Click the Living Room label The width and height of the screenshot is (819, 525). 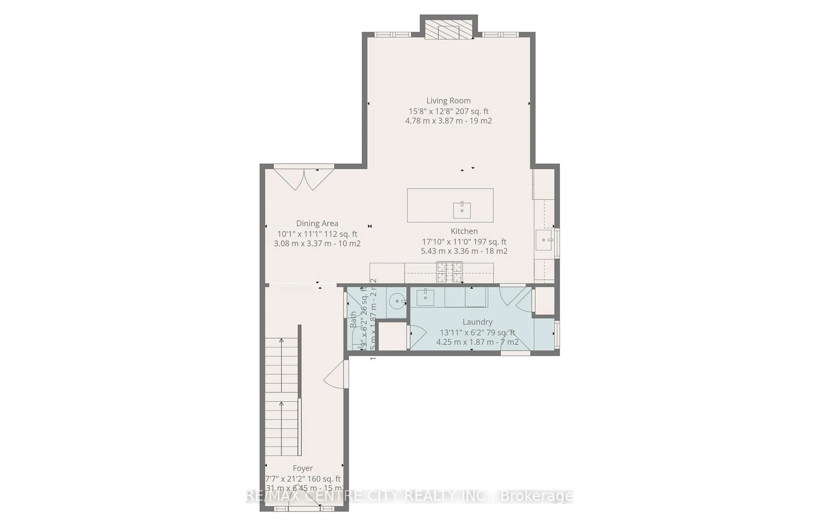tap(448, 101)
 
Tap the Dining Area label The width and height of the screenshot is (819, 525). tap(317, 223)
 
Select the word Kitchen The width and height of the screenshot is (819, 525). tap(464, 231)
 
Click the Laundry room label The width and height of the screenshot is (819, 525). tap(477, 322)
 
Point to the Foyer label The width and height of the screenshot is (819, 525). tap(302, 468)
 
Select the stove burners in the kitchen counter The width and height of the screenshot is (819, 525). tap(449, 272)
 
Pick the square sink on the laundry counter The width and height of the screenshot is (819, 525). tap(425, 298)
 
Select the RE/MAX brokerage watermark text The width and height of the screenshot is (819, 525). tap(409, 496)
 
